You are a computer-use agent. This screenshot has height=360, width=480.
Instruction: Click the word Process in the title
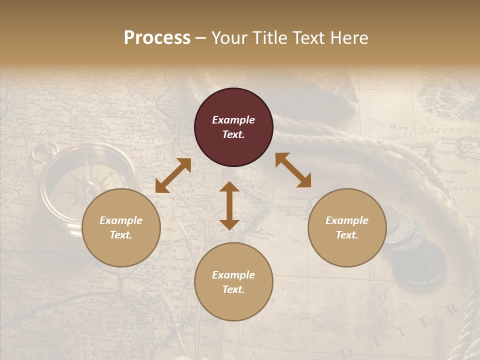coord(157,38)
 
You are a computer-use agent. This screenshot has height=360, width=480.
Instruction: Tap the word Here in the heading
coord(349,38)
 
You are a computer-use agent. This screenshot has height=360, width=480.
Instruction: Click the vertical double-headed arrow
coord(229,205)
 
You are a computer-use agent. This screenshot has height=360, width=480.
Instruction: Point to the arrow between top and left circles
coord(173,175)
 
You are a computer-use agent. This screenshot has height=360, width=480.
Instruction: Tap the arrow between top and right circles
coord(293,170)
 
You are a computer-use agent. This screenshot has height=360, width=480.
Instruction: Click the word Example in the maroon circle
coord(233,120)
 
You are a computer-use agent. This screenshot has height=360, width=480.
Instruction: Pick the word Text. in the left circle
coord(121,235)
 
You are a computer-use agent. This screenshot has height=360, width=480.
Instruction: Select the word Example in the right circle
coord(347,220)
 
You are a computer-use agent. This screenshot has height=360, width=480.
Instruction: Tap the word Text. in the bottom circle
coord(233,289)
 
